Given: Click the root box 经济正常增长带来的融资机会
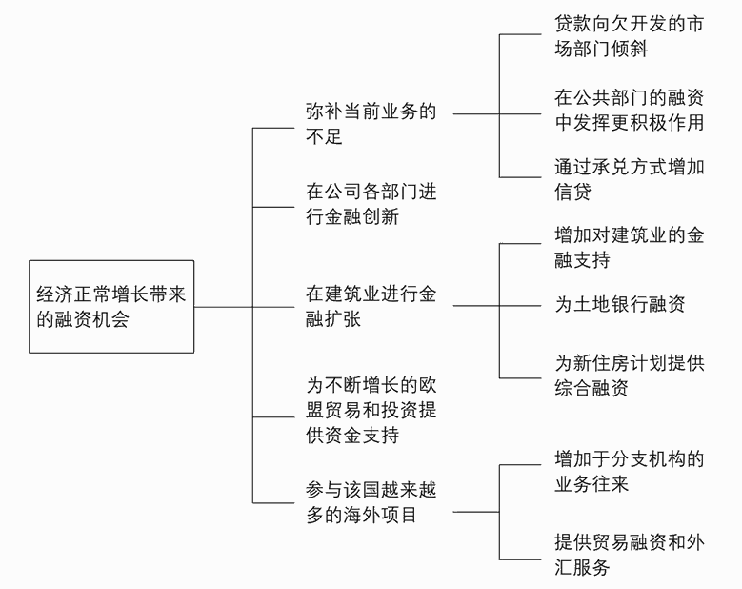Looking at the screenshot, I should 110,307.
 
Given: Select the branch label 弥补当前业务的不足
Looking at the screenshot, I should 371,124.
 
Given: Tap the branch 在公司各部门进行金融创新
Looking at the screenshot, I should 371,204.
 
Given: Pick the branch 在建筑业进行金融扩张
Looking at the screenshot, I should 371,307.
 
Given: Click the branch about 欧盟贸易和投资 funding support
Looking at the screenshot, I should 371,410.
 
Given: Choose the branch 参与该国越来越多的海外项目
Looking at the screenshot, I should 371,502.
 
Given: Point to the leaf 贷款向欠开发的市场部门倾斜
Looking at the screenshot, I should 629,35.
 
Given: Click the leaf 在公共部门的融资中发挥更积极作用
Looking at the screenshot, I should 629,109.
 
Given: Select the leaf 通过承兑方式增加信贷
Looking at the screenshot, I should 629,179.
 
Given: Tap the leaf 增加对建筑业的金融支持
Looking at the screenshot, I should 629,246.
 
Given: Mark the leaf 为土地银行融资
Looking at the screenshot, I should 619,305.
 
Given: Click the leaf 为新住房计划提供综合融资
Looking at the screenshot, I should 629,376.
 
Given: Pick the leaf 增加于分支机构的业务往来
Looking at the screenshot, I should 629,472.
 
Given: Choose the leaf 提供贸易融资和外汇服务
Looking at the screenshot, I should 629,555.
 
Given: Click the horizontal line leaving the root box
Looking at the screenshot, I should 223,307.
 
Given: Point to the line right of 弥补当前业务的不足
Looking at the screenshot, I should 476,112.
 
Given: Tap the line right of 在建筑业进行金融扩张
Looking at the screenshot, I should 476,306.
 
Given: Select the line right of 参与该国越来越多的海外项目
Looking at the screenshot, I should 476,512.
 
